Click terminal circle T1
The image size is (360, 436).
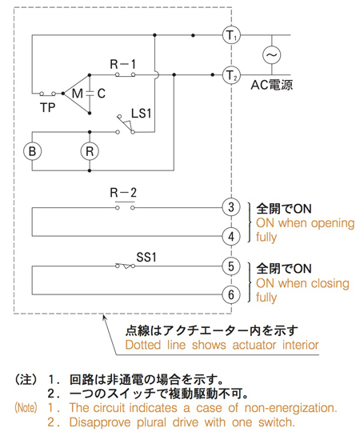click(231, 35)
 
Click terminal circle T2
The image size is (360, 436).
click(231, 75)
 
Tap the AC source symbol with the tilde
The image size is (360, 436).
click(271, 54)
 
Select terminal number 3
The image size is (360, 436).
click(231, 207)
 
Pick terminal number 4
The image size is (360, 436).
click(231, 237)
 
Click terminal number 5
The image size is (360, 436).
click(231, 266)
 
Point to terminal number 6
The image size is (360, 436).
click(231, 294)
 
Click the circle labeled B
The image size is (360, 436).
click(32, 151)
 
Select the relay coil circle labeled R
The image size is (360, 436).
click(90, 151)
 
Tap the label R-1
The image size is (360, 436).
click(123, 64)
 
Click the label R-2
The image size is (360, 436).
click(123, 193)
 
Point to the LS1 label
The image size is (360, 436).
click(142, 114)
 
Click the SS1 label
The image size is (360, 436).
click(146, 258)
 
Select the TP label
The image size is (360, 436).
click(47, 108)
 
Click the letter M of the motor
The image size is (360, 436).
click(78, 94)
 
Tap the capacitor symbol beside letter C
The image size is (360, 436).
click(90, 94)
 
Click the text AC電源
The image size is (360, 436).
click(271, 85)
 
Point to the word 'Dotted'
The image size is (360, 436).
click(143, 345)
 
